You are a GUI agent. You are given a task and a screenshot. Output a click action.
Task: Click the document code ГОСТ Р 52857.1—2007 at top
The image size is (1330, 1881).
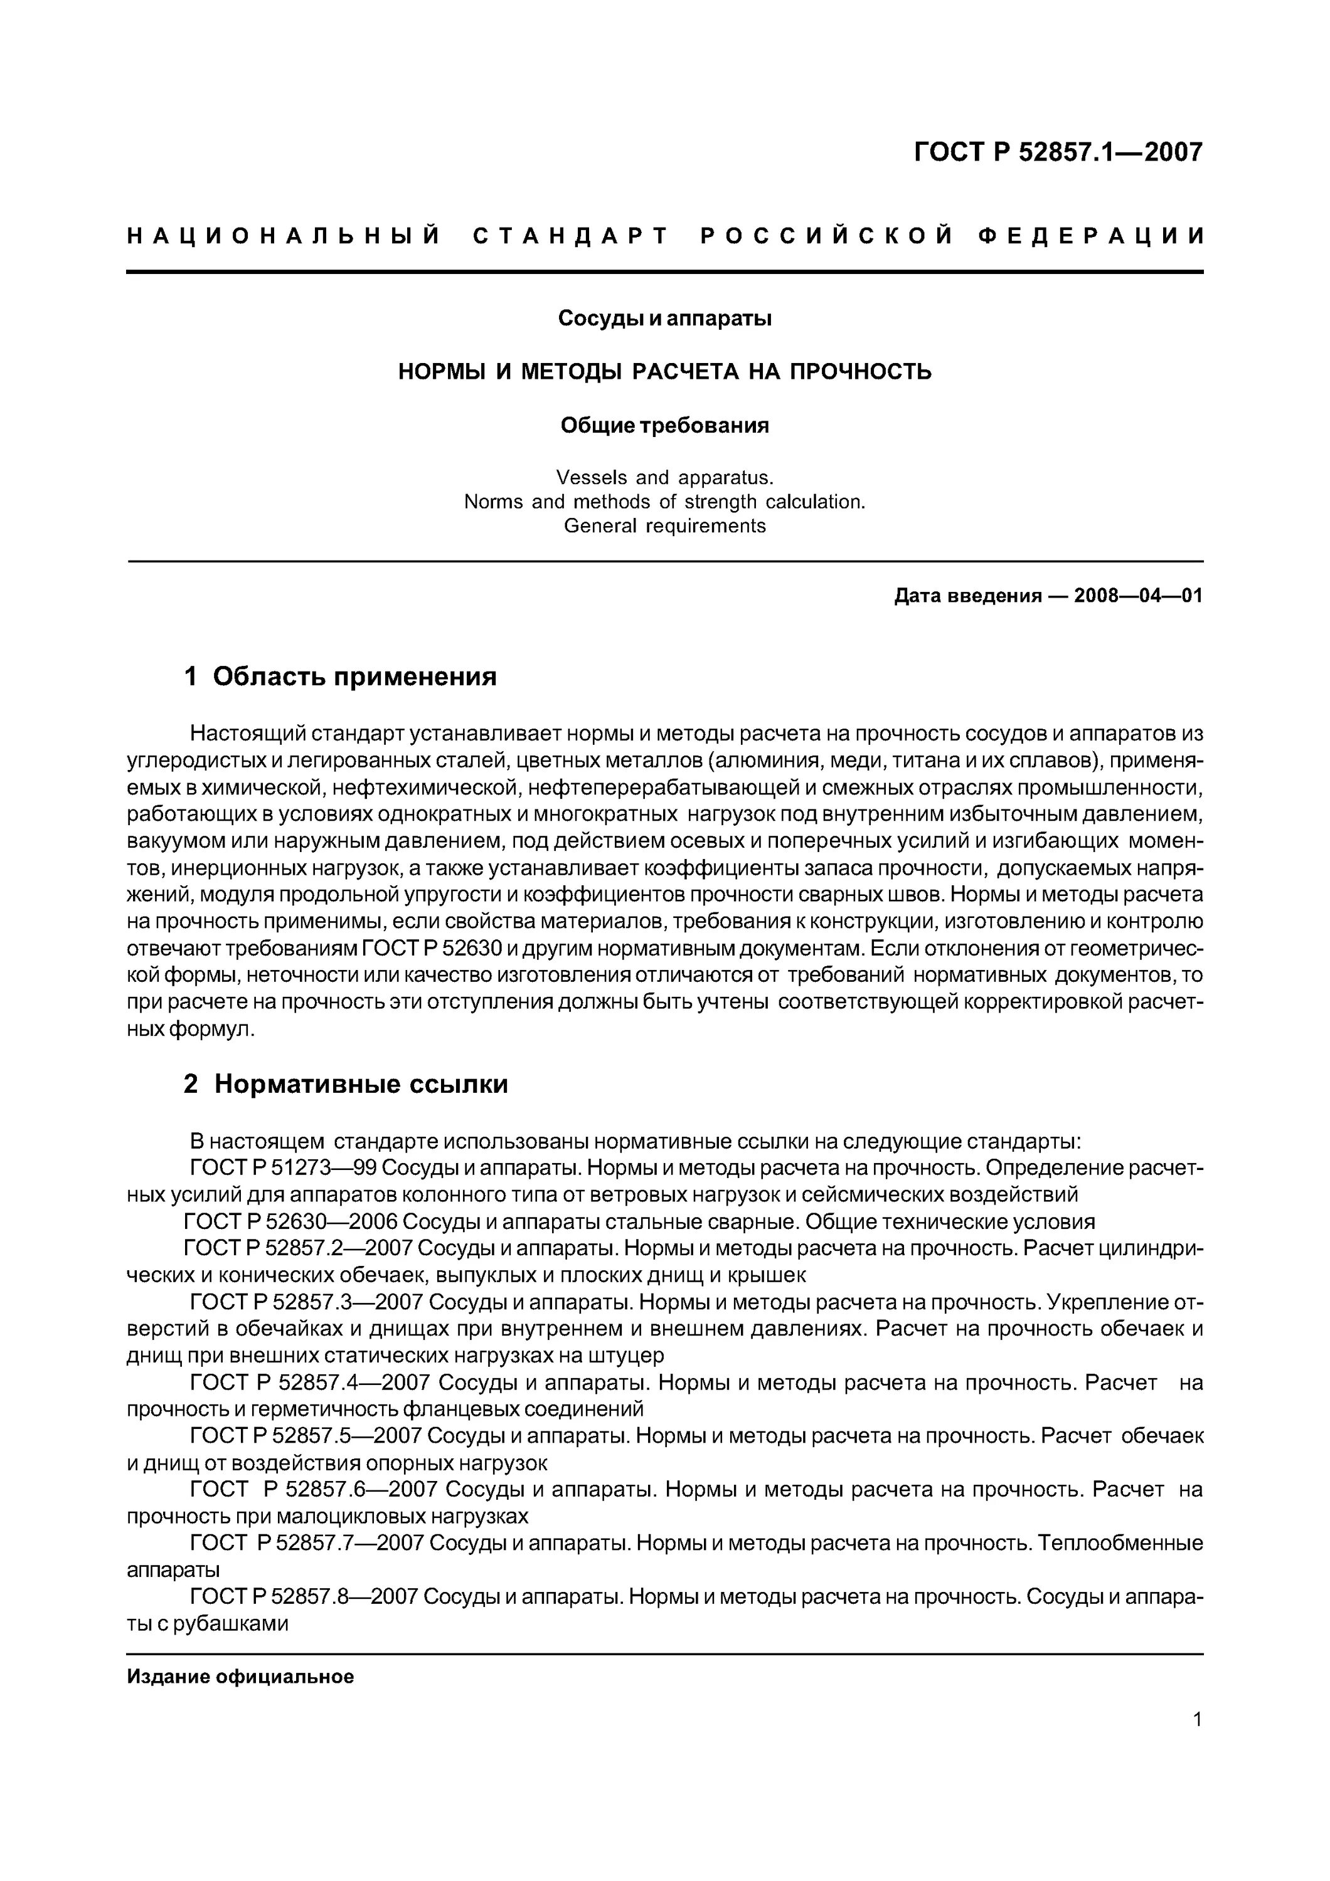coord(1058,152)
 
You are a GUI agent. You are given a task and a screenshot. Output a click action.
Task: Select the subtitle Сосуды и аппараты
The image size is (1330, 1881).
coord(664,318)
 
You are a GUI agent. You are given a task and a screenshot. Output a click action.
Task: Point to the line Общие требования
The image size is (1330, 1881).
coord(664,426)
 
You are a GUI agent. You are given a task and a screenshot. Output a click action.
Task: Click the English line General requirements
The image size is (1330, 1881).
coord(664,526)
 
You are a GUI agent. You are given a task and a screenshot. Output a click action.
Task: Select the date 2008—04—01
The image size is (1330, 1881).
coord(1138,596)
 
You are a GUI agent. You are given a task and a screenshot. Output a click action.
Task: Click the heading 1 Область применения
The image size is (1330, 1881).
coord(340,677)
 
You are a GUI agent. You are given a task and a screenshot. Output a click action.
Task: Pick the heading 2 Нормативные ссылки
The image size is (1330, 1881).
coord(345,1085)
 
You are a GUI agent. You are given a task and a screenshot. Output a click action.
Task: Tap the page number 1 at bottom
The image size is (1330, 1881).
coord(1197,1742)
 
